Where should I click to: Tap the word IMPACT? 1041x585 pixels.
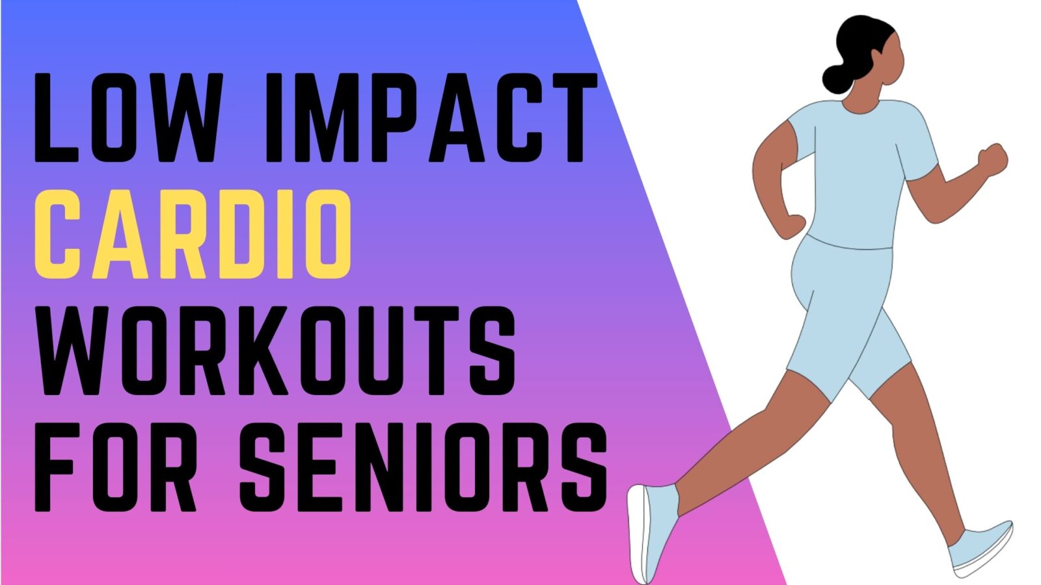pos(431,118)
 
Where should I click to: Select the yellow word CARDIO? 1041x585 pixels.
pos(193,234)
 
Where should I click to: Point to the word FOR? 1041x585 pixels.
pos(115,467)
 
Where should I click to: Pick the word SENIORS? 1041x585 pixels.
pos(424,467)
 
